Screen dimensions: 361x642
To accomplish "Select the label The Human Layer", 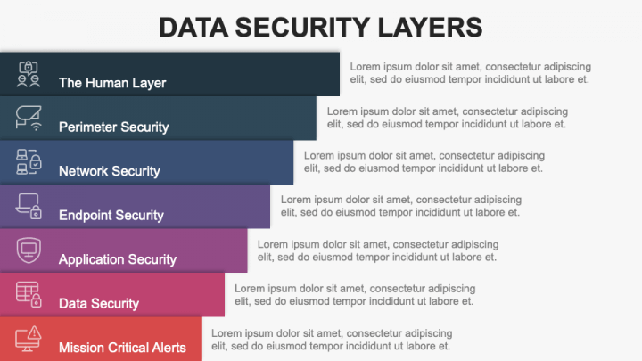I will [x=112, y=83].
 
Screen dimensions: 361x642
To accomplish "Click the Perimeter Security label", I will [x=113, y=127].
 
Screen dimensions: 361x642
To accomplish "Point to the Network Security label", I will [x=109, y=170].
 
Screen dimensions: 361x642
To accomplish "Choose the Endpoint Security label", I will [x=111, y=215].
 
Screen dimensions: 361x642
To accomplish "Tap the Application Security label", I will [x=118, y=259].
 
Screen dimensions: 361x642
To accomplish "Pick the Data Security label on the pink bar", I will [x=98, y=303].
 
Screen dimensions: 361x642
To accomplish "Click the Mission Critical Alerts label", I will [x=122, y=347].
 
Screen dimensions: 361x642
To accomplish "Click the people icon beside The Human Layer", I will [x=29, y=73].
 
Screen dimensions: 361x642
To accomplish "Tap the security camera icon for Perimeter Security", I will [x=29, y=117].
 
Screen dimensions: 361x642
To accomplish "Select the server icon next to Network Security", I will [x=29, y=161].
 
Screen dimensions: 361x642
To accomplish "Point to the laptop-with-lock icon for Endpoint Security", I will [x=29, y=206].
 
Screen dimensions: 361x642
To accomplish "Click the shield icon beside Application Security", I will [x=29, y=250].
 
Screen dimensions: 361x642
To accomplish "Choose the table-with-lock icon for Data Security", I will [x=29, y=293].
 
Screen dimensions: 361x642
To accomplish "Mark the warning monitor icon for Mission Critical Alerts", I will [x=29, y=337].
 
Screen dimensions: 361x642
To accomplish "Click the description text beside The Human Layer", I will [x=470, y=72].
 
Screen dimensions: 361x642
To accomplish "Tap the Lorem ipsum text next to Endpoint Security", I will [x=400, y=206].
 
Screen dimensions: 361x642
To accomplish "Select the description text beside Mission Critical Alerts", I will [x=331, y=340].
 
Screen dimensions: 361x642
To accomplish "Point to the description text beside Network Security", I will [x=424, y=161].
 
